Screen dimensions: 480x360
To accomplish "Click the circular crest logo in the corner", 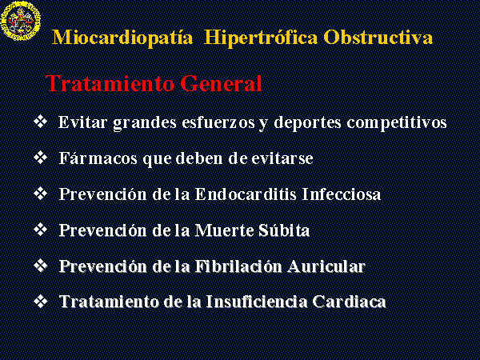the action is point(21,20).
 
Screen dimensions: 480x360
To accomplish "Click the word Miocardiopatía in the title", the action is point(122,38).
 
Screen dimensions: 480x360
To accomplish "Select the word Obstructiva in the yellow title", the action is point(378,38).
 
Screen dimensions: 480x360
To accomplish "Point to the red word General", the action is point(221,83).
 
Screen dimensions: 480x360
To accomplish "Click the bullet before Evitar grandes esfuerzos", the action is point(41,122).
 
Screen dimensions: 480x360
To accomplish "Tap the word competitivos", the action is point(397,123).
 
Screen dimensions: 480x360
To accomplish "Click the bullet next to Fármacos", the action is point(41,158).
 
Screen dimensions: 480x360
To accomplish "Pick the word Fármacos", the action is point(98,158).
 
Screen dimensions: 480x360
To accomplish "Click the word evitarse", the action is point(282,158).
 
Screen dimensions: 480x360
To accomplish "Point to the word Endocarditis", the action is point(246,194).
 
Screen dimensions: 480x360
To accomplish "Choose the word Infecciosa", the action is point(342,194).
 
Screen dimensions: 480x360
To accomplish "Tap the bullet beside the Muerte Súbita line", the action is point(41,230).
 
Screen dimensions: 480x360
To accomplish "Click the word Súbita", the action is point(284,230).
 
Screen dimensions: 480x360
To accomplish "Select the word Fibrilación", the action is point(238,266).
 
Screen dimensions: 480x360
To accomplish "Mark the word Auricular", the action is point(326,266).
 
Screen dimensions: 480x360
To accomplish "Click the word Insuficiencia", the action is point(257,302).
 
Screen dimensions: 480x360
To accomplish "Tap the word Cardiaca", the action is point(349,302).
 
